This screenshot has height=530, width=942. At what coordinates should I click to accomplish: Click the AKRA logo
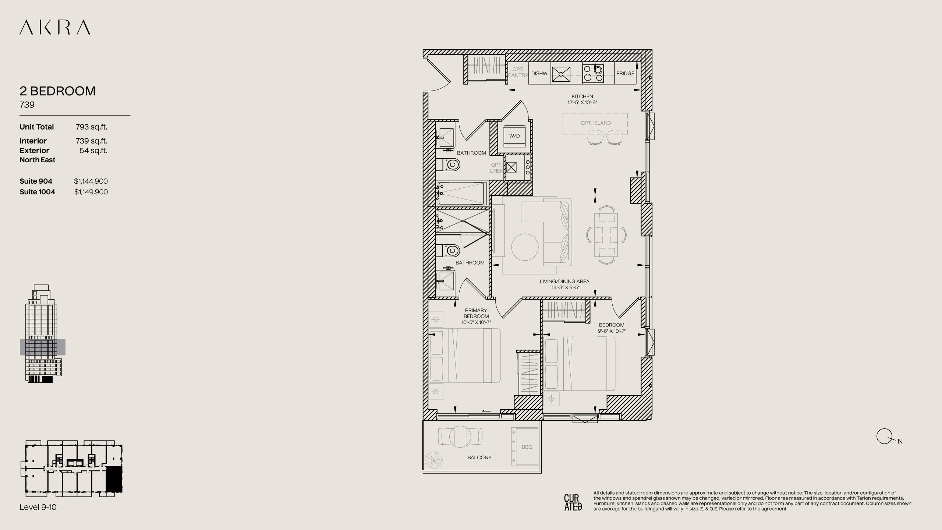click(x=55, y=28)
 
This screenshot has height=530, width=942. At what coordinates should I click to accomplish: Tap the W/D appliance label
click(x=514, y=136)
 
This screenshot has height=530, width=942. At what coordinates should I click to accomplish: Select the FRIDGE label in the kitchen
click(x=625, y=73)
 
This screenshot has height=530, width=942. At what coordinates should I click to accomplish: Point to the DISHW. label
click(x=540, y=73)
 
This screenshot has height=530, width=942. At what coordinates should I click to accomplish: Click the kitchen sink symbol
click(x=561, y=75)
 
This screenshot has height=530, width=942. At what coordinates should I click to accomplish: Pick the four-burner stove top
click(x=593, y=73)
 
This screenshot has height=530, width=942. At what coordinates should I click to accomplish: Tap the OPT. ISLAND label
click(x=596, y=123)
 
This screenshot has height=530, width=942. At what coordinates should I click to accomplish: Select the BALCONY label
click(x=479, y=457)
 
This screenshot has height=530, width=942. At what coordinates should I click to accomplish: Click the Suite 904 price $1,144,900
click(x=91, y=181)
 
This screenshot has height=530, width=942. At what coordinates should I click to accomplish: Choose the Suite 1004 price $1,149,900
click(x=91, y=192)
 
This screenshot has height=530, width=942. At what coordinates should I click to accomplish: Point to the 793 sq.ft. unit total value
click(x=92, y=127)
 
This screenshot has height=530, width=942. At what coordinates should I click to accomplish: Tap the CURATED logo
click(x=573, y=502)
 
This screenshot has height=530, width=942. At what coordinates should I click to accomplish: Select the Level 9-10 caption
click(x=38, y=507)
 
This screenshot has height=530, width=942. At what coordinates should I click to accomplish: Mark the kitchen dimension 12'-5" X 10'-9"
click(x=582, y=102)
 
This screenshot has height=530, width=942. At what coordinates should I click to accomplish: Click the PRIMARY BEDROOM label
click(x=476, y=313)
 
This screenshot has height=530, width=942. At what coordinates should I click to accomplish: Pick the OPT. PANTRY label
click(x=518, y=72)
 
